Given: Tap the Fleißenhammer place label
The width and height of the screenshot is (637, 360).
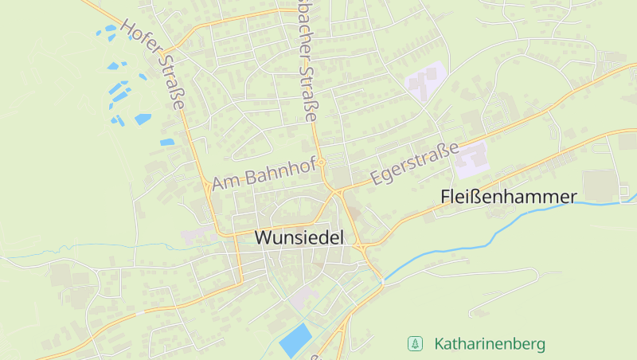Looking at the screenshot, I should point(508,197).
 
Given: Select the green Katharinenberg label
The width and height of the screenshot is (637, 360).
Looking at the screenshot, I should point(490,344).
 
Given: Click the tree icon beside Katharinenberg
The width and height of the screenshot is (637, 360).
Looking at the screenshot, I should point(414,344).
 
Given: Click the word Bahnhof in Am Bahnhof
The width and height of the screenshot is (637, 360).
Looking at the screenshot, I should point(279,170).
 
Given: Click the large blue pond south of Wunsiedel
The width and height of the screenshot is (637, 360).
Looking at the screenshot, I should point(295,340).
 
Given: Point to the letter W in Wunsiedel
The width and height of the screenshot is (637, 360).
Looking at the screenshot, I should point(264,237).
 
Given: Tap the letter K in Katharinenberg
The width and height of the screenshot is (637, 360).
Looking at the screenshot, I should point(440,344).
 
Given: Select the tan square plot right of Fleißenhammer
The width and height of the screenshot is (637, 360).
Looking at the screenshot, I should point(602,186).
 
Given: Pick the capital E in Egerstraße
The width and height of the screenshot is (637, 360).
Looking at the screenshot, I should point(376,180).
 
